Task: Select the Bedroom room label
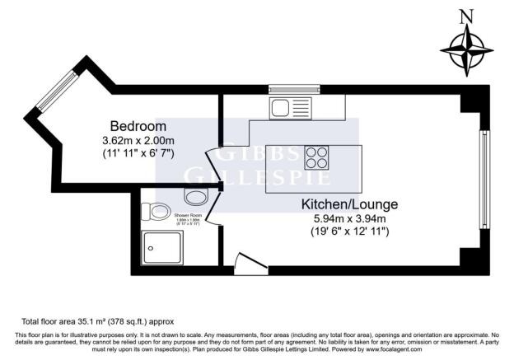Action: (x=138, y=126)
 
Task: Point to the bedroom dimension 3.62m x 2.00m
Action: (x=138, y=140)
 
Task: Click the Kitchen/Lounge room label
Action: (x=349, y=203)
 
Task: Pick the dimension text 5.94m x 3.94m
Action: (x=349, y=218)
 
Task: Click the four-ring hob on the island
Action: (x=317, y=157)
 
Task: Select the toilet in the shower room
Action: (x=153, y=212)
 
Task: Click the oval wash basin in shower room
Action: (x=196, y=196)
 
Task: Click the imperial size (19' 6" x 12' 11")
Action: (x=349, y=232)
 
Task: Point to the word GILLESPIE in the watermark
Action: (x=257, y=176)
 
